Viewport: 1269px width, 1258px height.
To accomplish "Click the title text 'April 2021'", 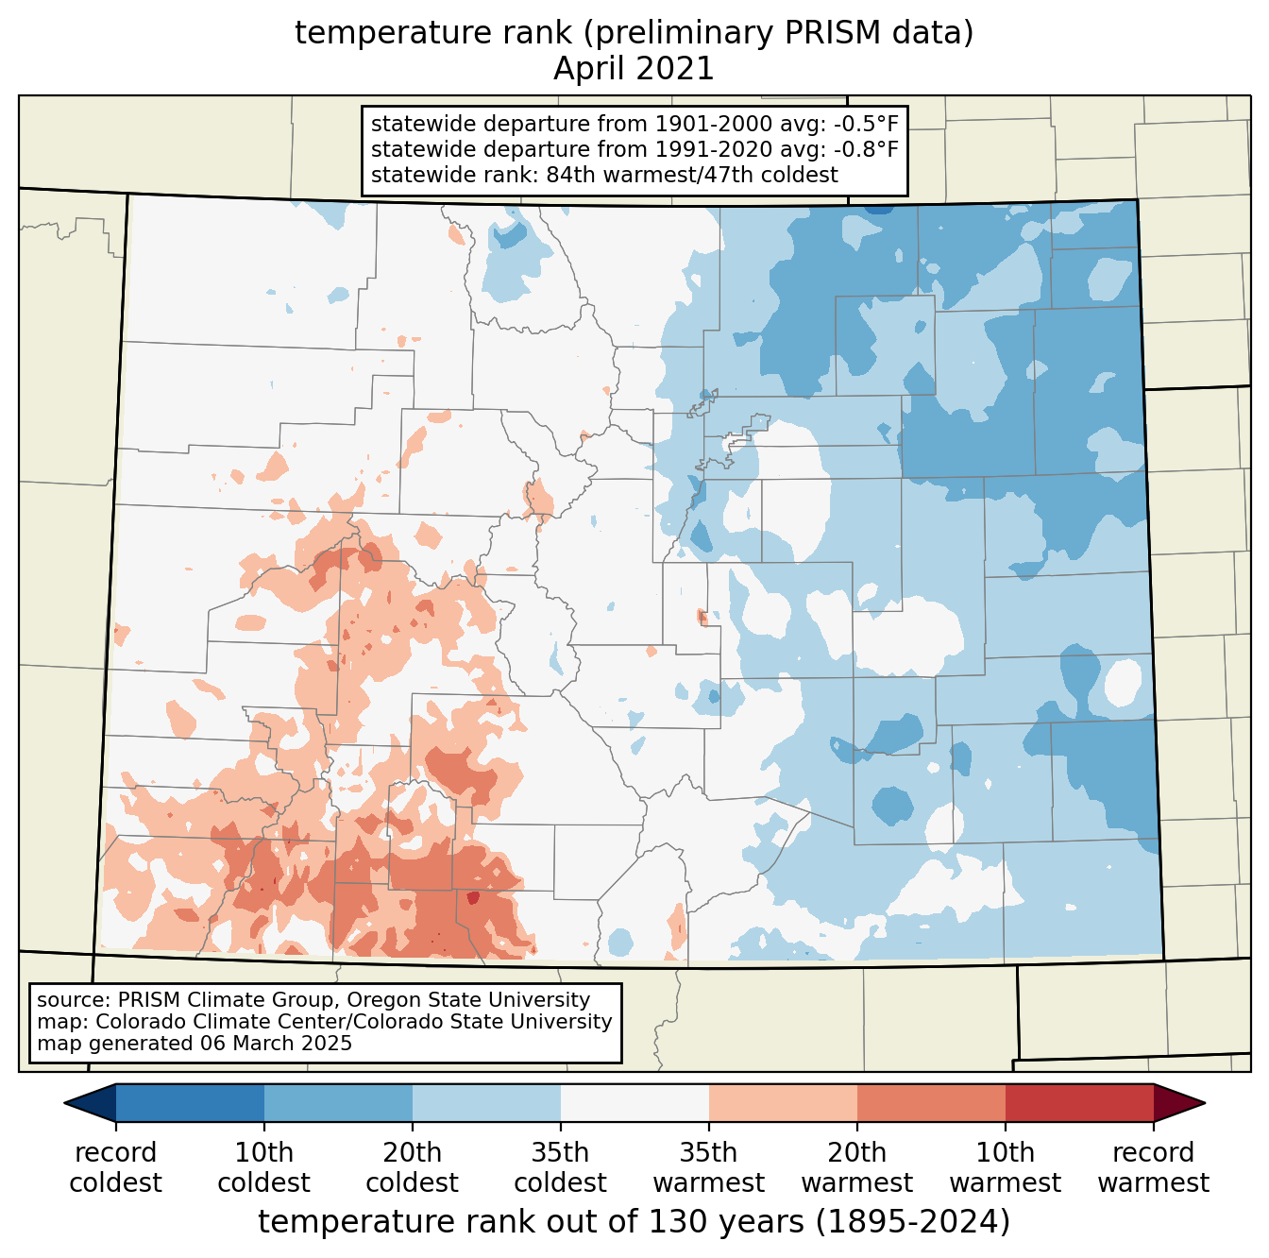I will click(x=634, y=69).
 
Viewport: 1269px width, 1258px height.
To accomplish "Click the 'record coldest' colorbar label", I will click(x=115, y=1167).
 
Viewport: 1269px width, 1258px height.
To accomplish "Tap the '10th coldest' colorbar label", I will click(x=263, y=1167).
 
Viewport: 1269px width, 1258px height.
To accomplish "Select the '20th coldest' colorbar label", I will click(x=412, y=1167).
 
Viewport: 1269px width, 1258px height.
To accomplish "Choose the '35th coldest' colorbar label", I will click(x=560, y=1167).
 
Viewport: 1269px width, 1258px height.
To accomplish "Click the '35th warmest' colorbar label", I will click(x=708, y=1167).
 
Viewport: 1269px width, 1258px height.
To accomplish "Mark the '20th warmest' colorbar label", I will click(x=856, y=1167).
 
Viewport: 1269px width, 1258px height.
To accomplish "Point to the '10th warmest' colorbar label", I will click(x=1005, y=1167).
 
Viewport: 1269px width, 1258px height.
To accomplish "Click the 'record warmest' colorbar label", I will click(x=1153, y=1167).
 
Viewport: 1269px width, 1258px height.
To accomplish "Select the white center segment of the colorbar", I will click(x=634, y=1102).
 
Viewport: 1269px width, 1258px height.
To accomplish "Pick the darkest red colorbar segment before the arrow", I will click(x=1079, y=1102).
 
